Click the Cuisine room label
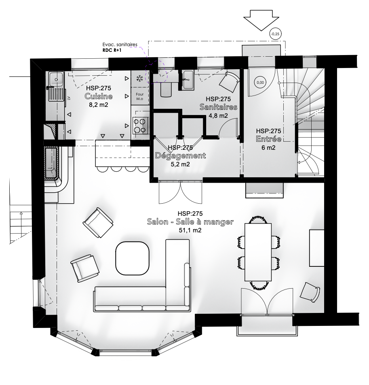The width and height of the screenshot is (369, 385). (x=99, y=96)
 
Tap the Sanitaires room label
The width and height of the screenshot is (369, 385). (x=219, y=107)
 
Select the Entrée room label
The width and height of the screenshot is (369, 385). (x=268, y=139)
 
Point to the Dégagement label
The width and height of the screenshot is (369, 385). (x=180, y=156)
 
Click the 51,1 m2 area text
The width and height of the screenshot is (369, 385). (x=190, y=230)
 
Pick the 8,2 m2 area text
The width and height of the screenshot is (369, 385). (x=98, y=105)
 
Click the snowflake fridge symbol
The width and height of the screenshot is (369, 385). (x=140, y=79)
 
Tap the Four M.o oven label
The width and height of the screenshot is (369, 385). (x=140, y=96)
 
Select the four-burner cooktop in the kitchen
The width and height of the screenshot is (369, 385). (x=141, y=126)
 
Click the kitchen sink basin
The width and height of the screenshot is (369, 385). (x=56, y=79)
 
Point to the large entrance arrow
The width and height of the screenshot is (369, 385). (x=261, y=20)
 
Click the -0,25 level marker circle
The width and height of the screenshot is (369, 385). (x=276, y=34)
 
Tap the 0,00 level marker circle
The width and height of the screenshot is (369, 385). (x=260, y=83)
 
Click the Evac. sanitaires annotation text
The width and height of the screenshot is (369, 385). (x=120, y=45)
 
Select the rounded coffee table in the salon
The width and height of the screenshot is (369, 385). (x=133, y=258)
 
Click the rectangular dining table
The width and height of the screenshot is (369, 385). (x=258, y=252)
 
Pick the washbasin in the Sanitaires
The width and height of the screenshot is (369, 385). (x=188, y=80)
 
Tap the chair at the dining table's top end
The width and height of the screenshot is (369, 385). (x=258, y=219)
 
